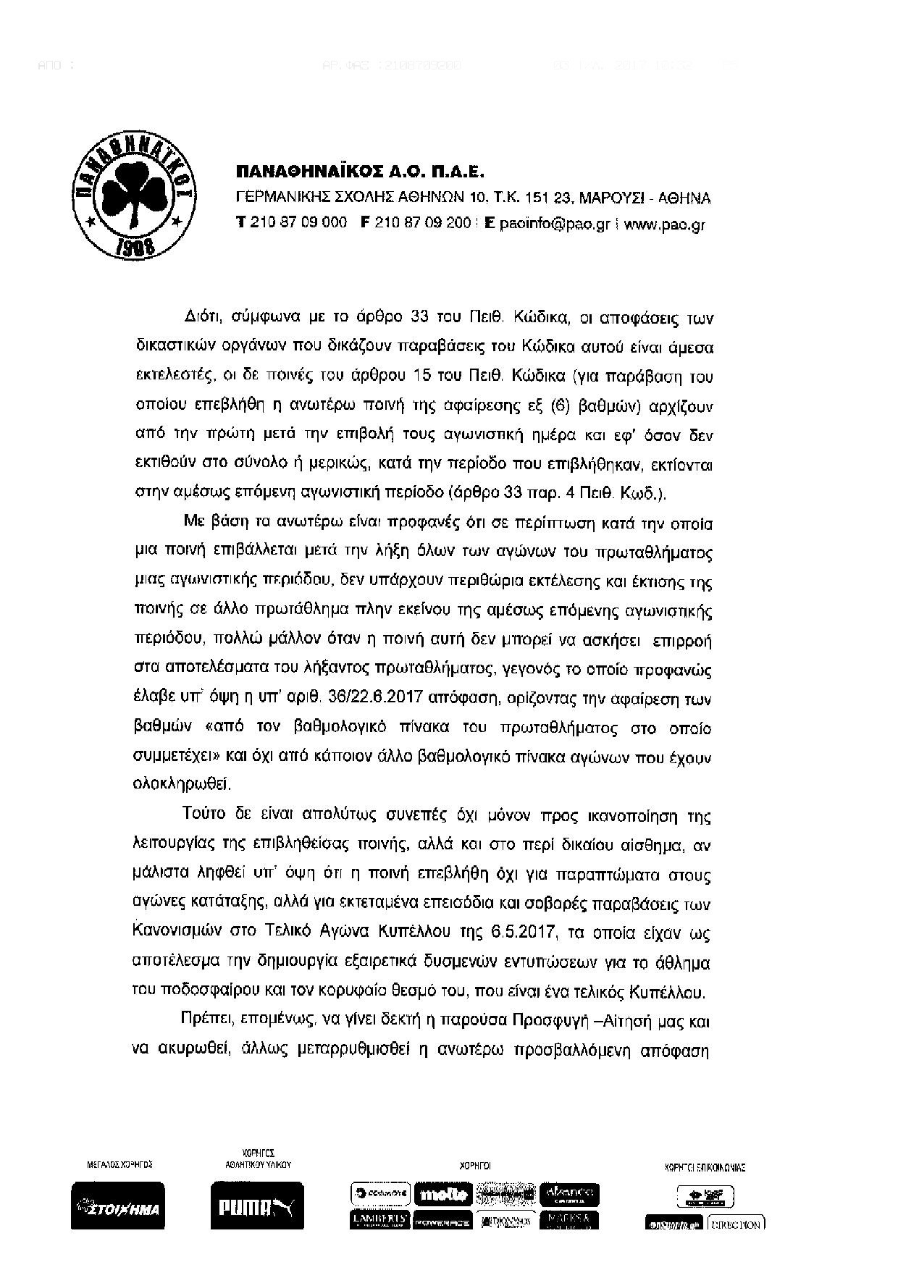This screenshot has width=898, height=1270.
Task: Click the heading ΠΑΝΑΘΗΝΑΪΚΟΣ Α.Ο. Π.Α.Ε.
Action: tap(359, 172)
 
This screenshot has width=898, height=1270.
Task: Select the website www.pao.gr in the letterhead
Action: tap(664, 224)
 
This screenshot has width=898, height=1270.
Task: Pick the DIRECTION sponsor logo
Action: tap(736, 1223)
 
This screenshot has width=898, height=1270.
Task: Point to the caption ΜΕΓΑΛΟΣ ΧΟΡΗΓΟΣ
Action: tap(119, 1165)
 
